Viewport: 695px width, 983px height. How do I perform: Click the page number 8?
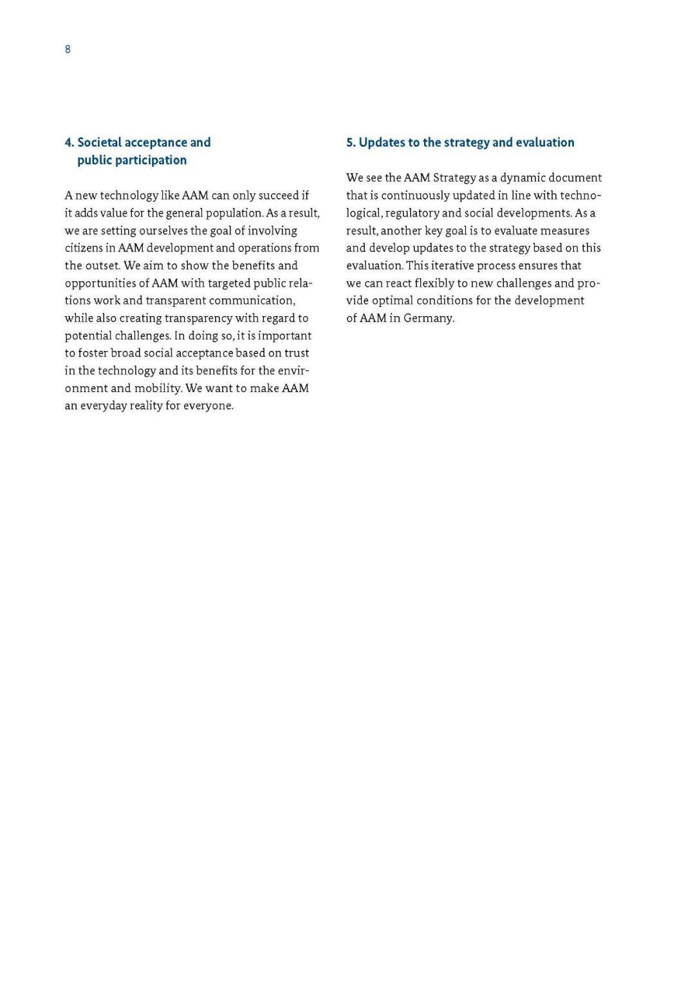click(x=68, y=49)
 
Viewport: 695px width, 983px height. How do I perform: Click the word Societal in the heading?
click(x=99, y=142)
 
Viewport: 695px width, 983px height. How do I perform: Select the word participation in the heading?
click(x=152, y=160)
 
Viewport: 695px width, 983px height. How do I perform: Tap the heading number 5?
click(x=351, y=142)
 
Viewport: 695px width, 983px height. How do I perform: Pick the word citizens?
click(x=84, y=248)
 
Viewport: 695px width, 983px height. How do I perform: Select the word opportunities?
click(x=100, y=283)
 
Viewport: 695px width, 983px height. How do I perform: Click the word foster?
click(x=93, y=353)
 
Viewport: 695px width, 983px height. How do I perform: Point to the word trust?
click(x=297, y=353)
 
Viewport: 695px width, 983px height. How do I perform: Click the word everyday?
click(x=104, y=406)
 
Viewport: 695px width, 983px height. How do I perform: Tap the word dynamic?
click(x=521, y=178)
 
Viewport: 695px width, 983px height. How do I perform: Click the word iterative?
click(x=452, y=265)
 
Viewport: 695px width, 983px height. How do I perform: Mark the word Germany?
click(x=429, y=318)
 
